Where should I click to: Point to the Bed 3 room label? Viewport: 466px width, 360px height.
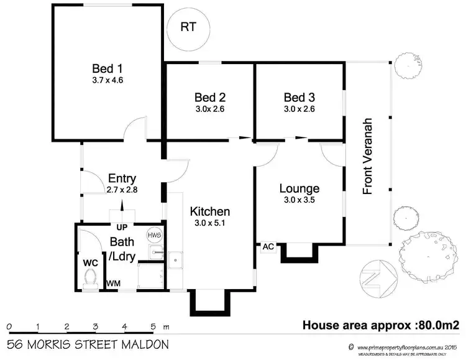(299, 98)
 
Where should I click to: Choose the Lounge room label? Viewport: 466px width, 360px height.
(299, 188)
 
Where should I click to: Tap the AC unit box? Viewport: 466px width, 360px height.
(268, 246)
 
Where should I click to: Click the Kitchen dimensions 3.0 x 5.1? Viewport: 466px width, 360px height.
(210, 223)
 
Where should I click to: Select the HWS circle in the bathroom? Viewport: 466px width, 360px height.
(154, 235)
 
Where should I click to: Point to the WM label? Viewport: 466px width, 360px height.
(113, 284)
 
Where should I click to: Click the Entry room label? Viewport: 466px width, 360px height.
(122, 178)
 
